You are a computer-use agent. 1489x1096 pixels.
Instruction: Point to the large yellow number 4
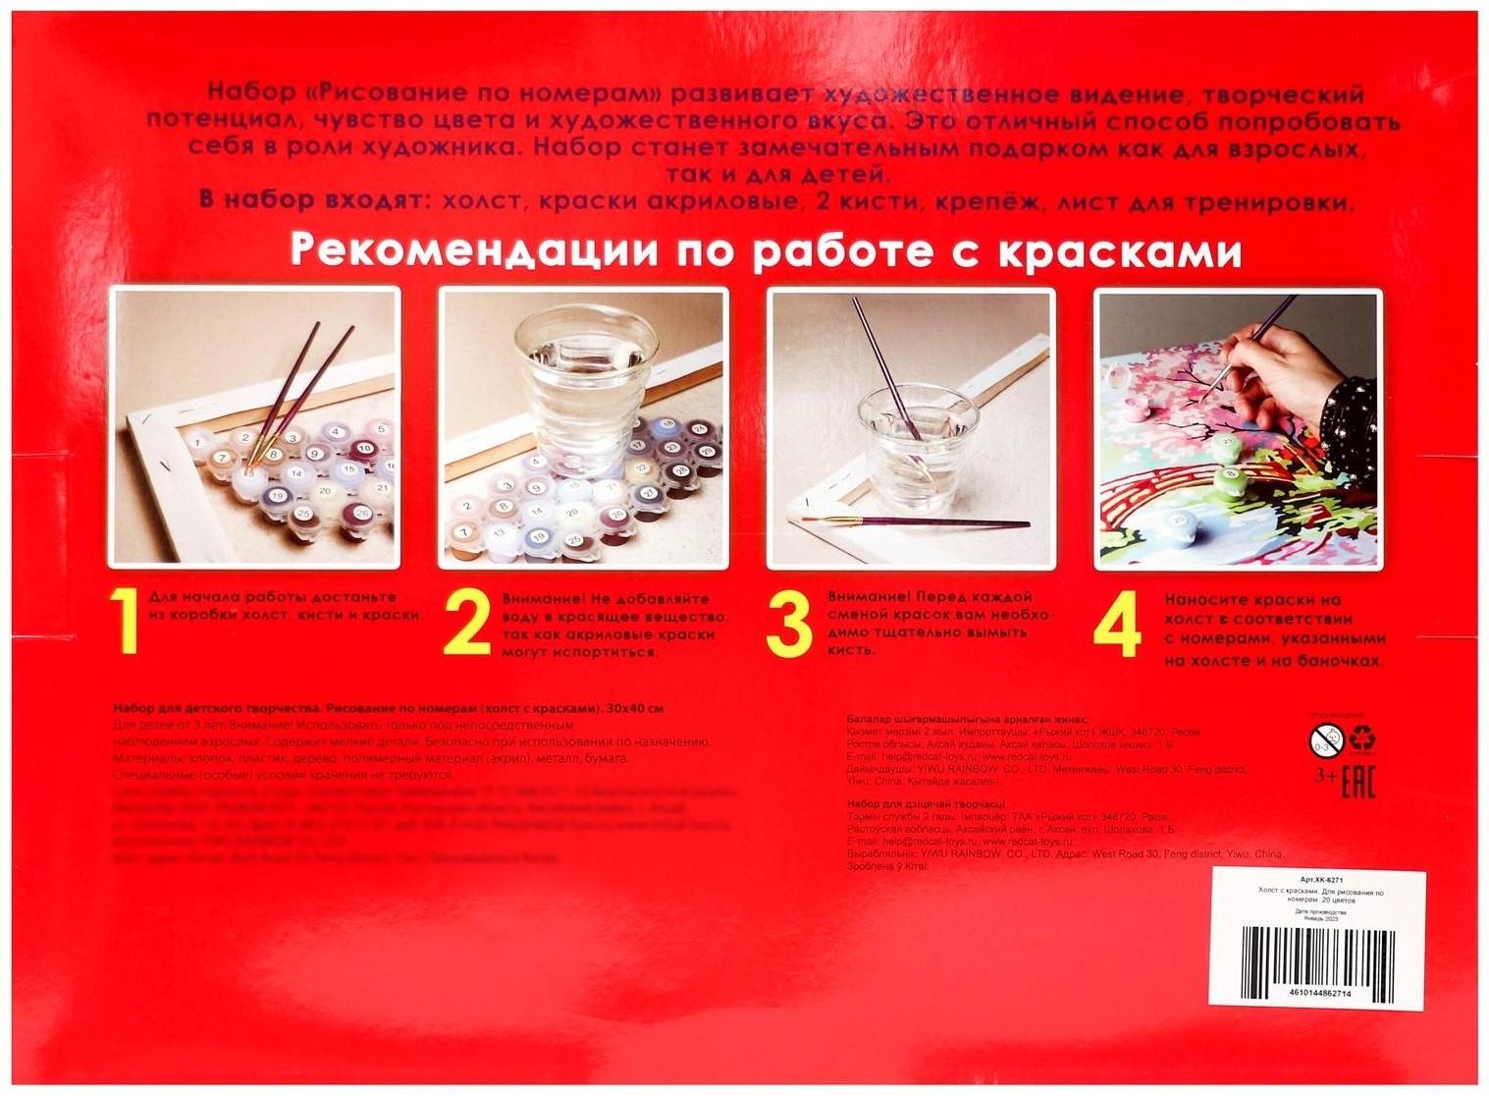click(x=1118, y=625)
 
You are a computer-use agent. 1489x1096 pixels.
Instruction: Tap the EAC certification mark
click(x=1357, y=784)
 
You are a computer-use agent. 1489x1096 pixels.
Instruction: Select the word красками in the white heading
click(x=1119, y=252)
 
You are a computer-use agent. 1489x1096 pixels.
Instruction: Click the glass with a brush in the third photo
click(x=909, y=432)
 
